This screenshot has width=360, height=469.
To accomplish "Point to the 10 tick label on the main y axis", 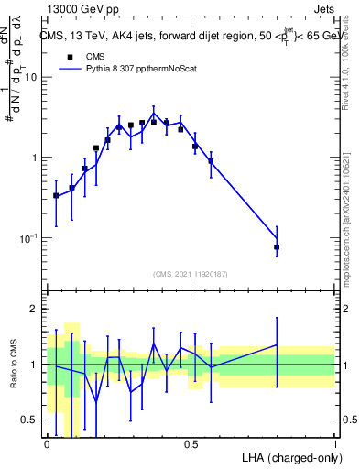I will coord(30,77).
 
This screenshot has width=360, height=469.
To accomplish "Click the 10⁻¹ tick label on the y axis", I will coord(28,238).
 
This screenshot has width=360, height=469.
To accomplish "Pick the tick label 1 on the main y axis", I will coord(35,158).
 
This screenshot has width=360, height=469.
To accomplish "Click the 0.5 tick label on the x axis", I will coord(191,444).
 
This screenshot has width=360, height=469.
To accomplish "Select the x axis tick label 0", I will coord(47,444).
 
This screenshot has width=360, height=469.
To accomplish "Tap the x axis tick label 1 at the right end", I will coord(334,444).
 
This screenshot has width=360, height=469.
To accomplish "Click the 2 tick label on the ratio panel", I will coord(35,309).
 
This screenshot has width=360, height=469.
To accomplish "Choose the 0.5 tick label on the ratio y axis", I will coord(30,420).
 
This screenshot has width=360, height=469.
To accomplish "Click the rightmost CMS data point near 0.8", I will coord(277,247).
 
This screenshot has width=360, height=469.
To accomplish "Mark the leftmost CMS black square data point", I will coord(56,195).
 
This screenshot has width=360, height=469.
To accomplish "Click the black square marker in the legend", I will coord(68,55).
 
